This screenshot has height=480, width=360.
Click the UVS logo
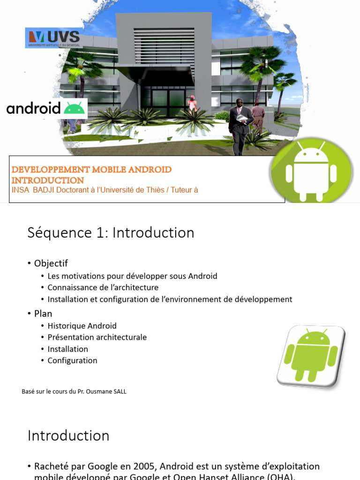pyautogui.click(x=53, y=37)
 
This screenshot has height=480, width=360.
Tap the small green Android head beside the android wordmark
pyautogui.click(x=75, y=108)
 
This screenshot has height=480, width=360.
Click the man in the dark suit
pyautogui.click(x=240, y=126)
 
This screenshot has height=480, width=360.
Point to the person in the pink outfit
pyautogui.click(x=192, y=104)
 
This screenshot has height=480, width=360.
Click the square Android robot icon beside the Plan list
pyautogui.click(x=311, y=356)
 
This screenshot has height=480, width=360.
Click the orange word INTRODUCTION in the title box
pyautogui.click(x=48, y=180)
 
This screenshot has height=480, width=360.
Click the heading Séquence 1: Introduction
pyautogui.click(x=111, y=232)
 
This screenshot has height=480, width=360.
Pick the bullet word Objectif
pyautogui.click(x=51, y=263)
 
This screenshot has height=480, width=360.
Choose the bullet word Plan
pyautogui.click(x=43, y=314)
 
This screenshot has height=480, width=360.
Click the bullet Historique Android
pyautogui.click(x=82, y=326)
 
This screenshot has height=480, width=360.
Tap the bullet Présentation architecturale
pyautogui.click(x=97, y=337)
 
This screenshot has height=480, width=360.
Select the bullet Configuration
pyautogui.click(x=72, y=360)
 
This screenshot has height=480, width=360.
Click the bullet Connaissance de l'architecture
pyautogui.click(x=103, y=287)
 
